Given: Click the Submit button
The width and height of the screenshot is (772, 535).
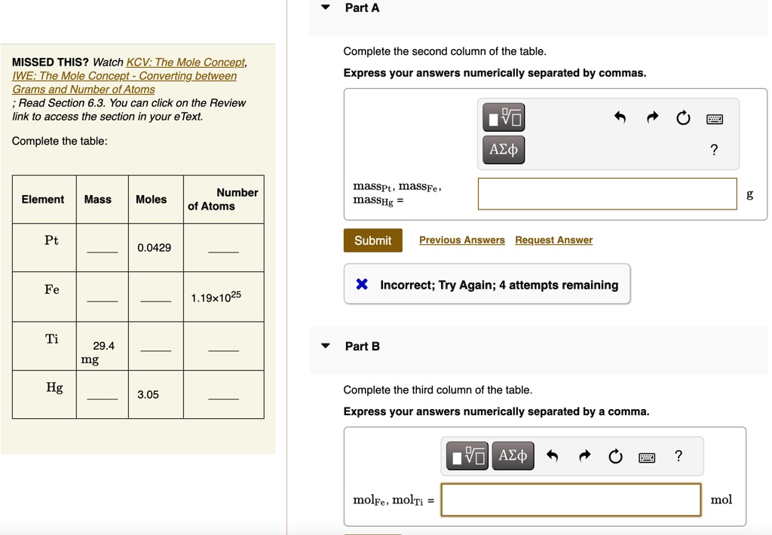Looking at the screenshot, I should click(372, 240).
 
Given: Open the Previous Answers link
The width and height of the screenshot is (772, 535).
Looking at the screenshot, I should click(461, 240).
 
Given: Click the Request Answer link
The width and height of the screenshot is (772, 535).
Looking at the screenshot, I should click(553, 240).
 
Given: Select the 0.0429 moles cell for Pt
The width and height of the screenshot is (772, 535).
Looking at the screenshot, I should click(154, 248).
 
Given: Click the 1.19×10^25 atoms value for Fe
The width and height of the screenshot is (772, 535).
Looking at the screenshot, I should click(216, 297).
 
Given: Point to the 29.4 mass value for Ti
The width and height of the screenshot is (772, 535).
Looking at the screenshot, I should click(103, 346).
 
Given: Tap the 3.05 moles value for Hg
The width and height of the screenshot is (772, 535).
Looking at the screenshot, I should click(148, 395).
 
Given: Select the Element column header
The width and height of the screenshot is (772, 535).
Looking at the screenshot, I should click(43, 200).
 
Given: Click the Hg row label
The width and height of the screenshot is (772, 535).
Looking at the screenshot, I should click(54, 388).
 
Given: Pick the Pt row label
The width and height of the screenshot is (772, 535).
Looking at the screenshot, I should click(51, 241).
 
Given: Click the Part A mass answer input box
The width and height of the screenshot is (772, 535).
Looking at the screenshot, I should click(607, 194).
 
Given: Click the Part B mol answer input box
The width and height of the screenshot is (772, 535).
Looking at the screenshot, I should click(571, 500).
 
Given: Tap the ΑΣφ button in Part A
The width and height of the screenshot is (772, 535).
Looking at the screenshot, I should click(504, 149).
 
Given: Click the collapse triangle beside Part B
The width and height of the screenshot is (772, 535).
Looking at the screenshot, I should click(326, 347).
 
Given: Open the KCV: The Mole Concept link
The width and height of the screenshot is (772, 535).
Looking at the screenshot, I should click(185, 63).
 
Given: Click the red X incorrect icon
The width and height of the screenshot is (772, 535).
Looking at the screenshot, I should click(362, 285).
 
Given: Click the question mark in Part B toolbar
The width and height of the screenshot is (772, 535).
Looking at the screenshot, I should click(679, 456).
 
